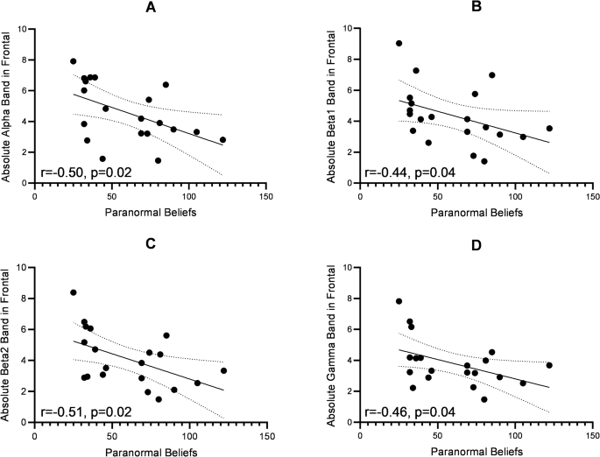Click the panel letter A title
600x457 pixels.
tap(151, 8)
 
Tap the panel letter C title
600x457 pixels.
tap(151, 244)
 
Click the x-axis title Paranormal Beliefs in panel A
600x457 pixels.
tap(151, 212)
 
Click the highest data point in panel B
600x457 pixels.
tap(399, 43)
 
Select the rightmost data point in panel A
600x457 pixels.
tap(222, 139)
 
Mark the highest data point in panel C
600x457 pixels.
tap(74, 292)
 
